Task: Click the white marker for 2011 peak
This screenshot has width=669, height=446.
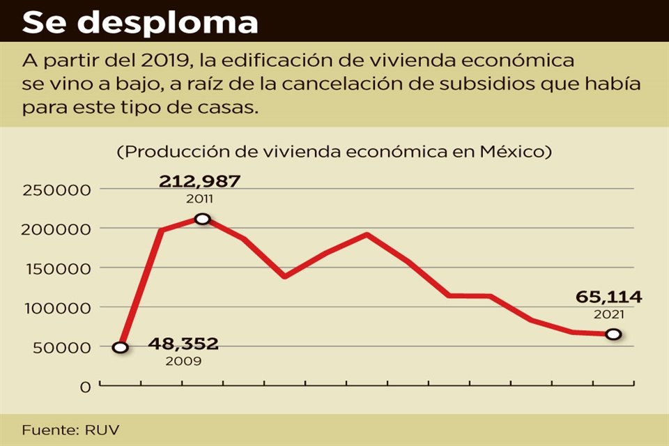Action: [202, 219]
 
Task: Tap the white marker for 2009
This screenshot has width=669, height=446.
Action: [121, 347]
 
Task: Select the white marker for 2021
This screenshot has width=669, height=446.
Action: [613, 334]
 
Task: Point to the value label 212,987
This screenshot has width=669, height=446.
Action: [200, 181]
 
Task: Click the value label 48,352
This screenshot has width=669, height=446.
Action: [183, 344]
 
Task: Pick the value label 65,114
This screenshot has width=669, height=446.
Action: [608, 298]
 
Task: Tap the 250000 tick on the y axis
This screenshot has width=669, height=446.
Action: [56, 190]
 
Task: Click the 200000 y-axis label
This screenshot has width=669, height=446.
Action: [56, 229]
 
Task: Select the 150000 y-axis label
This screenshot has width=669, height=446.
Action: [56, 268]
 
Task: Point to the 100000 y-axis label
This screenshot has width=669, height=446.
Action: [56, 308]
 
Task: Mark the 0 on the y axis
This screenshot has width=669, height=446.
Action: [85, 387]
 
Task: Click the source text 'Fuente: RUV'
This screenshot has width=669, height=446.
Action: [66, 430]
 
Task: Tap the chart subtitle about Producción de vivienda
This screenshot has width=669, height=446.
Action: [334, 151]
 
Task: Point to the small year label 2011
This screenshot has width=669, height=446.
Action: [201, 199]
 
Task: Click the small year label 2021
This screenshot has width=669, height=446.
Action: [608, 314]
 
